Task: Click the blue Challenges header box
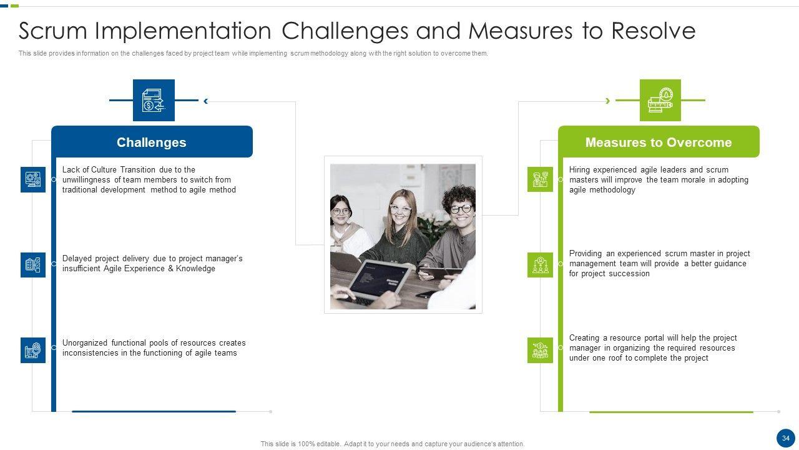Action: click(x=152, y=142)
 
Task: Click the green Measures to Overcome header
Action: click(x=659, y=142)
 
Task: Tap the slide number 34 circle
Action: click(x=786, y=438)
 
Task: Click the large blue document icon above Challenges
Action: click(x=154, y=101)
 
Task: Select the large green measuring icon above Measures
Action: click(x=660, y=101)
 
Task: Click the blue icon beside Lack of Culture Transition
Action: click(x=33, y=179)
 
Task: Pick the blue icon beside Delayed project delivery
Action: click(x=33, y=265)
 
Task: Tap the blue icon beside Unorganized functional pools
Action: click(x=33, y=351)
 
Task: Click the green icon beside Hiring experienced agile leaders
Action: click(x=540, y=179)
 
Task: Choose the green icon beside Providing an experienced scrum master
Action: click(x=540, y=265)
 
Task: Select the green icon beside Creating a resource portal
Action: click(x=540, y=351)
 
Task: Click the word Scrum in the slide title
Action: click(x=53, y=31)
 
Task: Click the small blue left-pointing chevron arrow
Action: click(x=206, y=101)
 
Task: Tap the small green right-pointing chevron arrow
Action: click(x=608, y=101)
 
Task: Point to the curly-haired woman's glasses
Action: click(x=461, y=209)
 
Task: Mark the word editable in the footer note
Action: click(x=328, y=444)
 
